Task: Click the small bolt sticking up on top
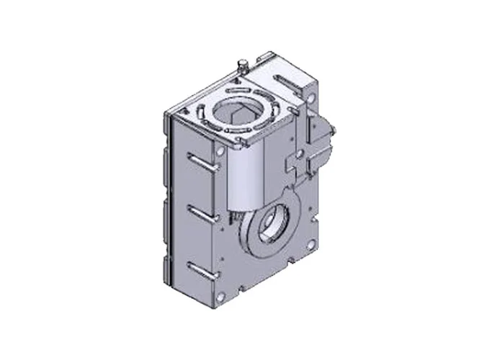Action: click(241, 67)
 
